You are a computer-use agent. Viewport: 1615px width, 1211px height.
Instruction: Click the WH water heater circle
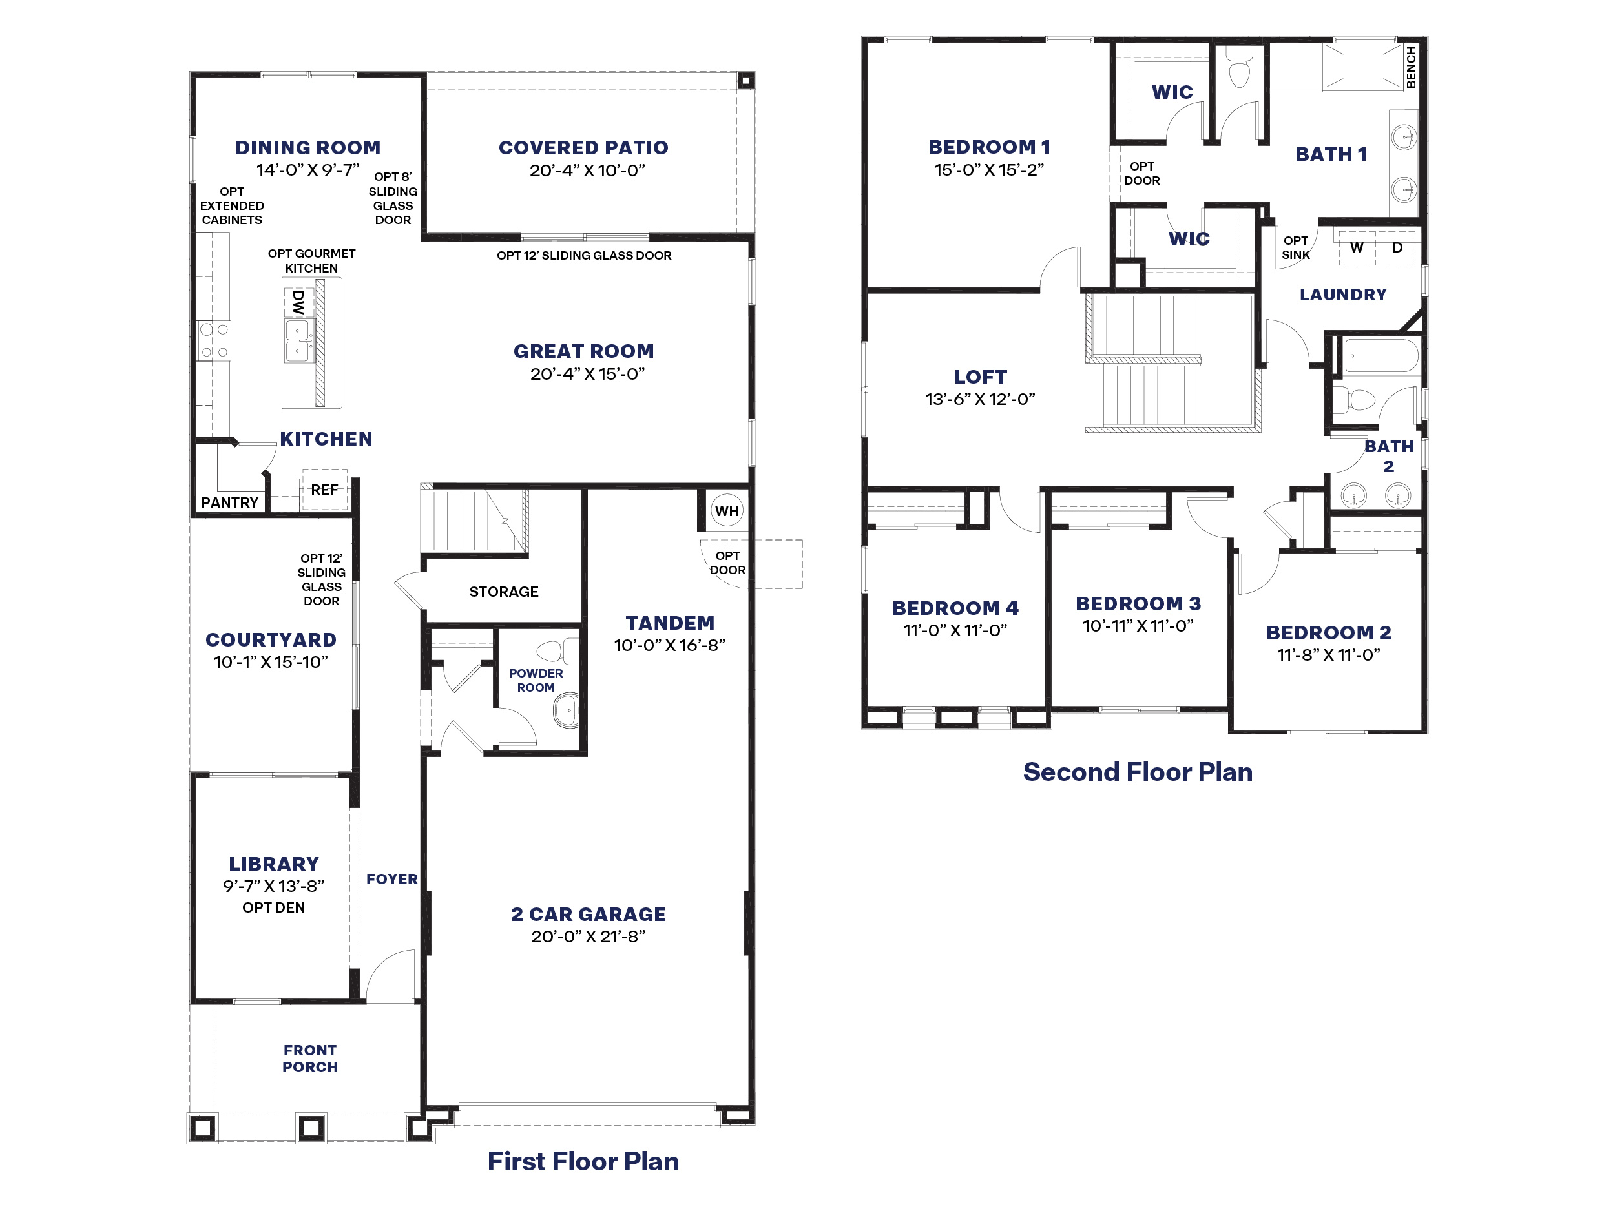pyautogui.click(x=727, y=511)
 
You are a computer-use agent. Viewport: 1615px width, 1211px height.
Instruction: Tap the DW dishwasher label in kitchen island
pyautogui.click(x=298, y=302)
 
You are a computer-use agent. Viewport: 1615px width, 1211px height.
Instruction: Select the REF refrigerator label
pyautogui.click(x=324, y=490)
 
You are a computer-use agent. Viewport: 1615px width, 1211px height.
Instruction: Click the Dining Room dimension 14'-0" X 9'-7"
pyautogui.click(x=307, y=170)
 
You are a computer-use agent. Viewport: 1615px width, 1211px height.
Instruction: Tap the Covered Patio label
pyautogui.click(x=583, y=147)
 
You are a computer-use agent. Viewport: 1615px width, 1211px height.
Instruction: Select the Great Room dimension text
pyautogui.click(x=588, y=374)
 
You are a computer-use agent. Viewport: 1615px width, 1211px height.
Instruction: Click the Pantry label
pyautogui.click(x=230, y=502)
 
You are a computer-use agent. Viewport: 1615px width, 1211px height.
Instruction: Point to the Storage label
pyautogui.click(x=504, y=592)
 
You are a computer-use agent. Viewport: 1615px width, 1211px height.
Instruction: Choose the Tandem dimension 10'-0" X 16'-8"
pyautogui.click(x=669, y=645)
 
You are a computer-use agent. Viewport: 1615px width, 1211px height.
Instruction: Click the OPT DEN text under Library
pyautogui.click(x=274, y=907)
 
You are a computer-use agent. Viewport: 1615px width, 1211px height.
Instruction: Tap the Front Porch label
pyautogui.click(x=310, y=1059)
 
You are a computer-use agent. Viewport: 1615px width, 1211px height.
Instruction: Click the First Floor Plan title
pyautogui.click(x=583, y=1161)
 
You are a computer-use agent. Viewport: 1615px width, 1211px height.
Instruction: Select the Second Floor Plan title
pyautogui.click(x=1138, y=772)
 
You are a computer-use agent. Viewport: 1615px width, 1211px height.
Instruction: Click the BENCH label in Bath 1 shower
pyautogui.click(x=1411, y=67)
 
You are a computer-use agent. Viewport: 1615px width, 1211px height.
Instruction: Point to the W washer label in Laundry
pyautogui.click(x=1357, y=247)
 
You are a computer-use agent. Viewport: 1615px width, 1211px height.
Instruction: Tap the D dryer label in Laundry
pyautogui.click(x=1397, y=247)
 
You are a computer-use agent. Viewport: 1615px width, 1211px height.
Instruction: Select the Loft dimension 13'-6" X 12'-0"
pyautogui.click(x=981, y=399)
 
